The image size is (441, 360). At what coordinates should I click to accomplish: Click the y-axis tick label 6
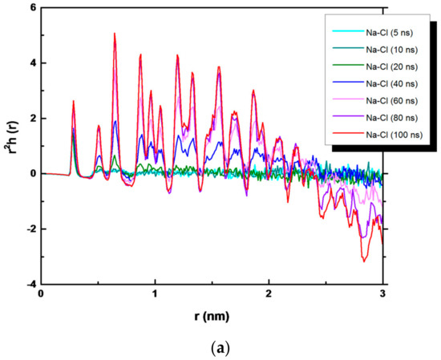click(32, 7)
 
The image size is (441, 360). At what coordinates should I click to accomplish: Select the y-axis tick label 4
click(32, 63)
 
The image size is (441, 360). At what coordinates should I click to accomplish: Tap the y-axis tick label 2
click(32, 118)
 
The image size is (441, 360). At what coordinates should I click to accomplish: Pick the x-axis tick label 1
click(155, 295)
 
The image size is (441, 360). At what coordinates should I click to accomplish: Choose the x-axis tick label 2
click(269, 295)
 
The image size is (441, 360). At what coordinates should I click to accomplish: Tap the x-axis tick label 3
click(383, 295)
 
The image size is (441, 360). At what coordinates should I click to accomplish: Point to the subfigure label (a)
click(212, 346)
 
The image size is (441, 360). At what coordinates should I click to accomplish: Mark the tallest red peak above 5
click(115, 34)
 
